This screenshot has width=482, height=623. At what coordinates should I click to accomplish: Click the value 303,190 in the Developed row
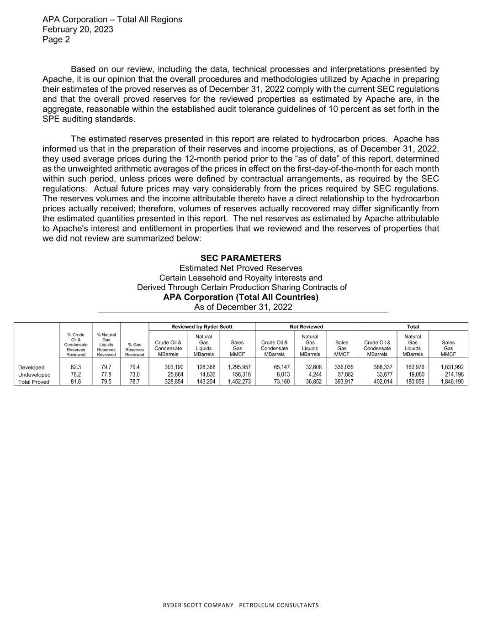pyautogui.click(x=174, y=367)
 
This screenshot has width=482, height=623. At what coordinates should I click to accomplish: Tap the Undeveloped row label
pyautogui.click(x=34, y=375)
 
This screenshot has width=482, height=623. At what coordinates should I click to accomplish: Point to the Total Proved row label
pyautogui.click(x=34, y=382)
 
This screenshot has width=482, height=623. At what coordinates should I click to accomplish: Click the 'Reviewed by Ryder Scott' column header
pyautogui.click(x=202, y=327)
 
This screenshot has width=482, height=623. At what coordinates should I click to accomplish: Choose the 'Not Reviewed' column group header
pyautogui.click(x=306, y=327)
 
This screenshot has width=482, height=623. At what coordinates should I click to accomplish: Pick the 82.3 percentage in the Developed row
pyautogui.click(x=76, y=367)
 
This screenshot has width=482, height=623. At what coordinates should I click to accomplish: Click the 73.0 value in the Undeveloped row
pyautogui.click(x=134, y=375)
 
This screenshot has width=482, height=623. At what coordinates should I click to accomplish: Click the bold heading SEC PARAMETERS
pyautogui.click(x=241, y=258)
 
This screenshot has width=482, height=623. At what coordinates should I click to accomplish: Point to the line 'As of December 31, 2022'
pyautogui.click(x=243, y=307)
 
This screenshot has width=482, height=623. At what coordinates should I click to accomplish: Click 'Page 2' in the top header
pyautogui.click(x=56, y=40)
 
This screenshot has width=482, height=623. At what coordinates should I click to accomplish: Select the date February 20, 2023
pyautogui.click(x=78, y=30)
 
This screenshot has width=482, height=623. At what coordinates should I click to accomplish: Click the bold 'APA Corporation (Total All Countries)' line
pyautogui.click(x=241, y=297)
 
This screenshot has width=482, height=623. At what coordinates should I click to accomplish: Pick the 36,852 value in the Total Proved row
pyautogui.click(x=315, y=382)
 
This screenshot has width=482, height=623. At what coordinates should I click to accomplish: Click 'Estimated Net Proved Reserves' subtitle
pyautogui.click(x=241, y=268)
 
